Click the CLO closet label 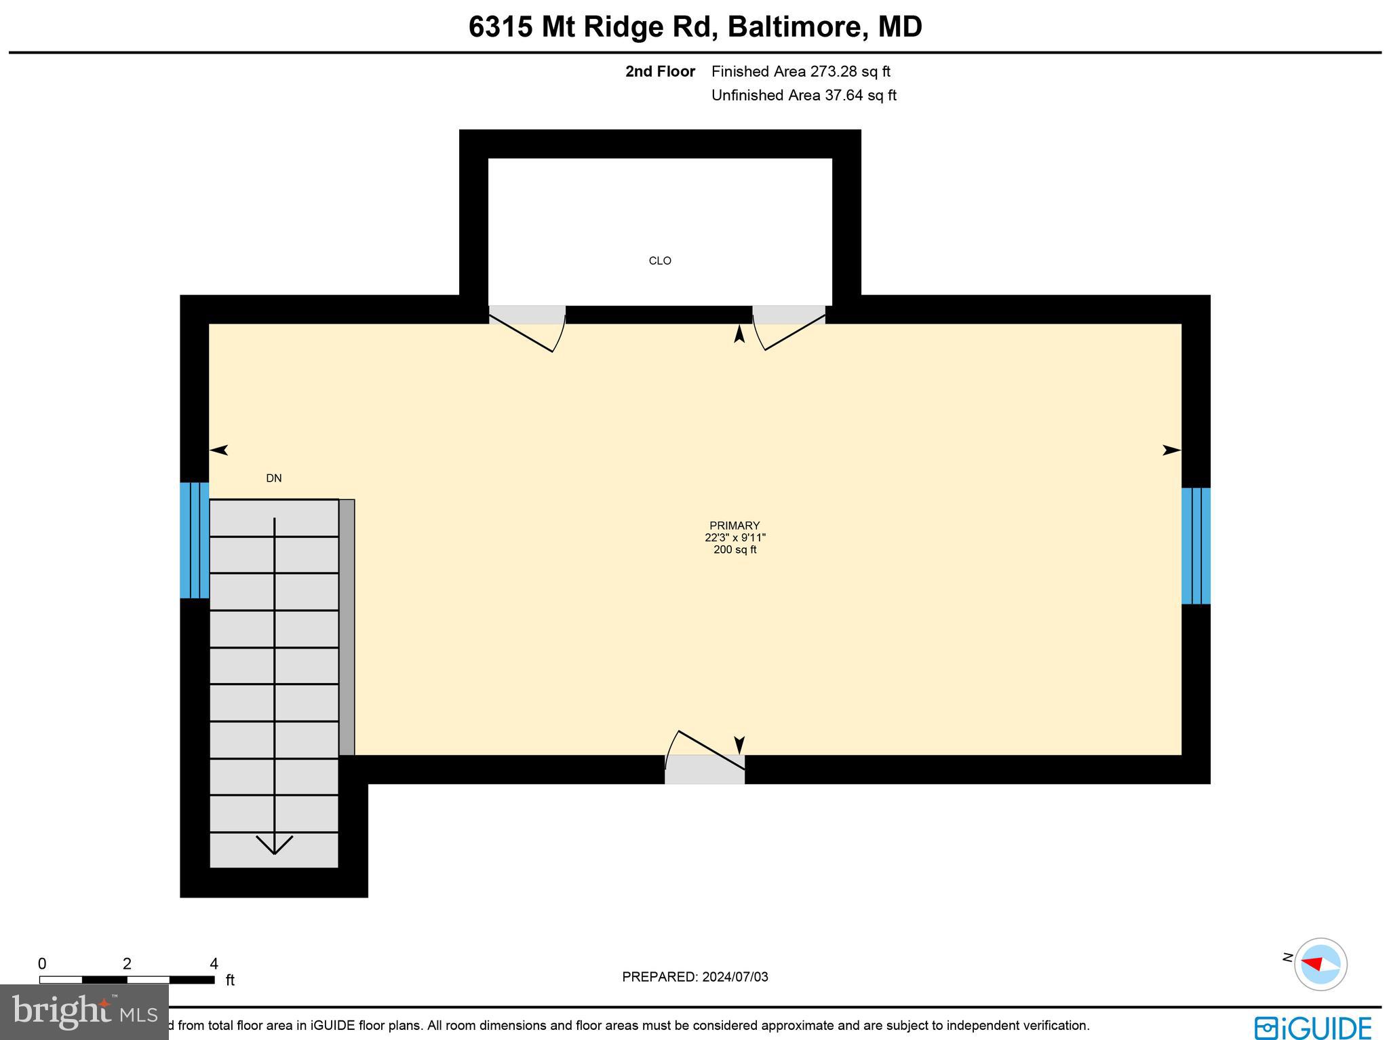tap(660, 261)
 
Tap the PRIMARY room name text tap(735, 526)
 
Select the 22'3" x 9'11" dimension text tap(735, 538)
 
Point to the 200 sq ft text tap(735, 550)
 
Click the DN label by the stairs tap(274, 478)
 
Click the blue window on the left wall tap(194, 540)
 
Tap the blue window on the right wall tap(1196, 546)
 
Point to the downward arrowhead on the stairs tap(274, 845)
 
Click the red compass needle tap(1312, 964)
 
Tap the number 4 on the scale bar tap(214, 964)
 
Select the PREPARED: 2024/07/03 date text tap(695, 977)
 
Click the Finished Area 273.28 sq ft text tap(800, 71)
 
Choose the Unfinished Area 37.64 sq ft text tap(804, 96)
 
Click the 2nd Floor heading tap(660, 71)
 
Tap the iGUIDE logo tap(1312, 1028)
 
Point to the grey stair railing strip tap(347, 628)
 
